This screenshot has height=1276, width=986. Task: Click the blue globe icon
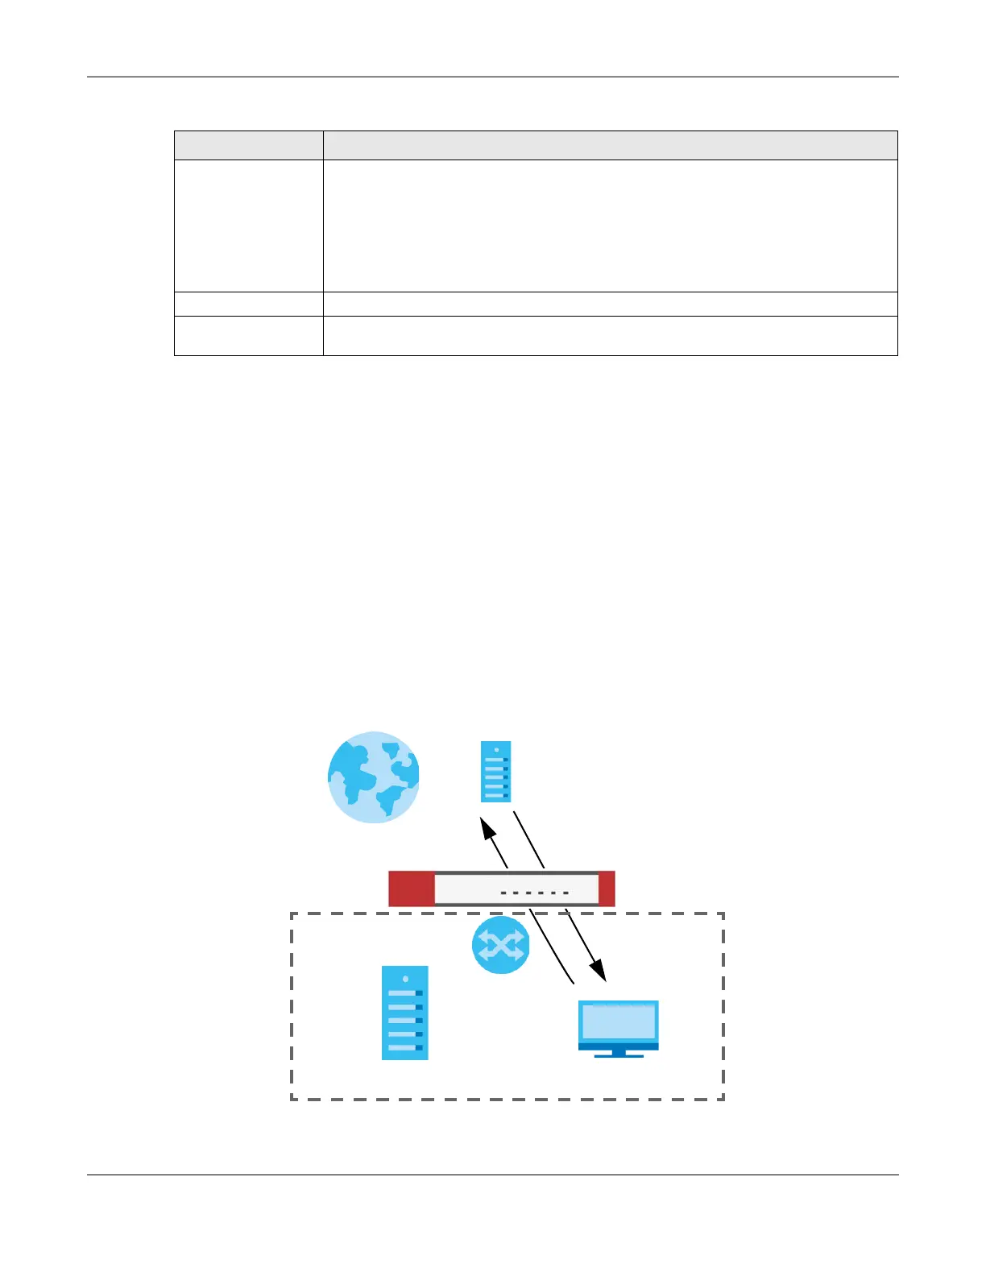pos(373,777)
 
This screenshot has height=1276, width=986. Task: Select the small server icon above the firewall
pos(495,772)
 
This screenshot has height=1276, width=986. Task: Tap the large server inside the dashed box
pos(404,1013)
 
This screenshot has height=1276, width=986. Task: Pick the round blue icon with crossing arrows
pos(500,945)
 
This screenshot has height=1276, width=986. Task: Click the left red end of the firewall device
pos(411,889)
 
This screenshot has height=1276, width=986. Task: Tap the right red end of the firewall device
pos(607,889)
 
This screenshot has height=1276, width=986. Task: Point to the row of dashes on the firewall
pos(535,893)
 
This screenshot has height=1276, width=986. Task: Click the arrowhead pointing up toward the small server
pos(487,827)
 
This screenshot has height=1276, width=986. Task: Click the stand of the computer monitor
pos(618,1052)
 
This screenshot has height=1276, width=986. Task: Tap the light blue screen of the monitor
pos(618,1021)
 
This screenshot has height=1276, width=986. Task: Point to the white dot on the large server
pos(405,979)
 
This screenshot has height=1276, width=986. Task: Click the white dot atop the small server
pos(496,750)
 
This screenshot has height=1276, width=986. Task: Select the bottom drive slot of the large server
pos(404,1047)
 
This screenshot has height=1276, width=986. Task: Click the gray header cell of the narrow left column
pos(248,145)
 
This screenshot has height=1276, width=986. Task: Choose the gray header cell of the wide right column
pos(610,145)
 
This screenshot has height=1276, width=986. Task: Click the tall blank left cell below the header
pos(248,226)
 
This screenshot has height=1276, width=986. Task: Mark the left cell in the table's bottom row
pos(248,336)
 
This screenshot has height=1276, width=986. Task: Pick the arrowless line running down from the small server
pos(529,839)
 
